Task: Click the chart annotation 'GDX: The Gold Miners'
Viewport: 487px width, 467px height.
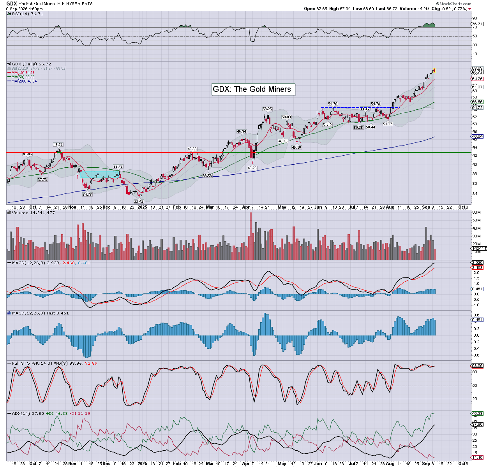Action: tap(252, 89)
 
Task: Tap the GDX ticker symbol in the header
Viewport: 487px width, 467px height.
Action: tap(12, 4)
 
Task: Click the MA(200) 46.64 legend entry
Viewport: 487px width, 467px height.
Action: tap(24, 81)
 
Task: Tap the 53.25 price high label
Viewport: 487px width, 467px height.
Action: tap(267, 109)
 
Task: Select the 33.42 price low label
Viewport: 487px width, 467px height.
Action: tap(139, 201)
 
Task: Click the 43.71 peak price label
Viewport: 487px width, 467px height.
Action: tap(58, 145)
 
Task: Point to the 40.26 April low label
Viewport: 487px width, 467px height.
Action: tap(252, 168)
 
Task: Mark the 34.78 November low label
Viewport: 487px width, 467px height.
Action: tap(87, 194)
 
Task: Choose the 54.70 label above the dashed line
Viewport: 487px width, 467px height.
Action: tap(332, 104)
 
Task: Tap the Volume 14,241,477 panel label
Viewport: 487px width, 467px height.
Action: tap(33, 213)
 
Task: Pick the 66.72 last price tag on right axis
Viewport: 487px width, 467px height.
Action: tap(477, 72)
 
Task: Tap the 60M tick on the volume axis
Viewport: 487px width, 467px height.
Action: tap(476, 212)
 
